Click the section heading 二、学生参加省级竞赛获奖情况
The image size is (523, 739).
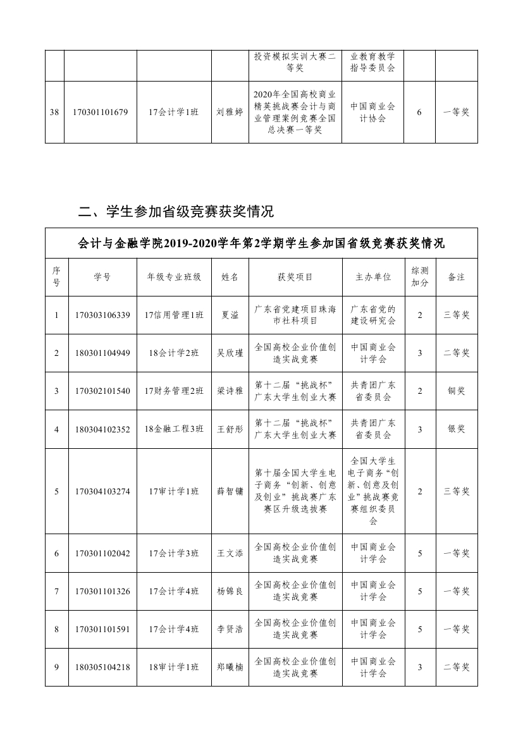(176, 211)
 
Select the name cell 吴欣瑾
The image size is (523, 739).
(230, 353)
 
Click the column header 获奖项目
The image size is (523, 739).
(295, 277)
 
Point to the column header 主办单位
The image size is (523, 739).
(373, 277)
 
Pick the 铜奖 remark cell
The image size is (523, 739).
(456, 391)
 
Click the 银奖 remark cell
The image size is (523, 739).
(456, 429)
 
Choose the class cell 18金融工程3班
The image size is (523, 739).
(174, 429)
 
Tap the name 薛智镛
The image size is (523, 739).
(230, 491)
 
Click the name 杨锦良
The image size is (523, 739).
(230, 591)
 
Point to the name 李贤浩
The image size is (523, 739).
(230, 629)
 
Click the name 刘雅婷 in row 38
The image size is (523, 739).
(230, 112)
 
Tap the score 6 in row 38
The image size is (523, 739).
(419, 112)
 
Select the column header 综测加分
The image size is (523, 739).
(419, 277)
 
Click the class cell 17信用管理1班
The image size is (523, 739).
(174, 315)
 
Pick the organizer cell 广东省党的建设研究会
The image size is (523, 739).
(373, 315)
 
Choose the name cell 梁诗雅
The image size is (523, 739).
(230, 391)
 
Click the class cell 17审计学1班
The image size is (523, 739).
(174, 491)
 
